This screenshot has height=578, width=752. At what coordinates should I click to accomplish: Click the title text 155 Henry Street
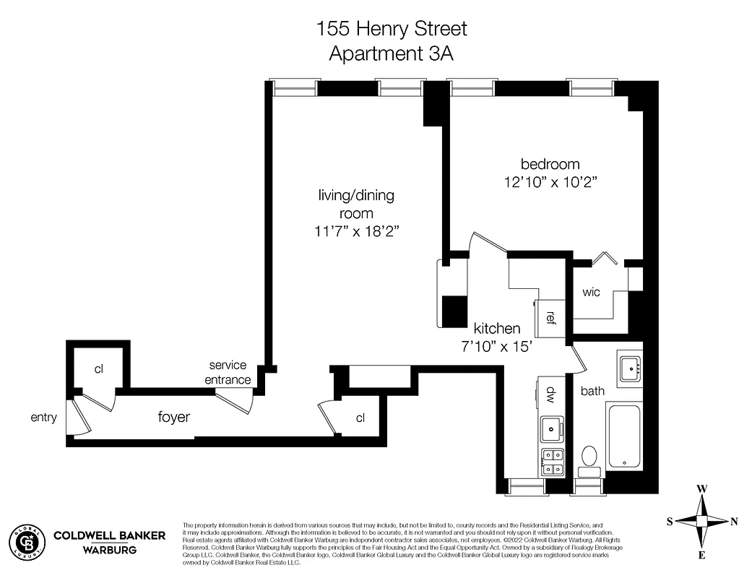pos(392,29)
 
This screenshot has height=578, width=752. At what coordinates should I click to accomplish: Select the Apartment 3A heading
pos(392,53)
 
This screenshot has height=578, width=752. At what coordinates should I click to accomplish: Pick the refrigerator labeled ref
pos(550,317)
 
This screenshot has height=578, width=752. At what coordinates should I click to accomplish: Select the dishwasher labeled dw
pos(550,394)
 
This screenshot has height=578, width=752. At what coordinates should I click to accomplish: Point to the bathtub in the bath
pos(624,437)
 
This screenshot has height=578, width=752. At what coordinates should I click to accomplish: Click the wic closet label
pos(592,293)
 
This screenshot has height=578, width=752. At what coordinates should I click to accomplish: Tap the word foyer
pos(174,417)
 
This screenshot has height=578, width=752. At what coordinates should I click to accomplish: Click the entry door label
pos(43,417)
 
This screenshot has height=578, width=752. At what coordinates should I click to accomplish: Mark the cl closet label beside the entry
pos(99,368)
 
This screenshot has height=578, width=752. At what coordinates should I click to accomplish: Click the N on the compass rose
pos(734,521)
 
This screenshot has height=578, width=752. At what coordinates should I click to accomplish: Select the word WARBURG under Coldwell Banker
pos(110,551)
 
